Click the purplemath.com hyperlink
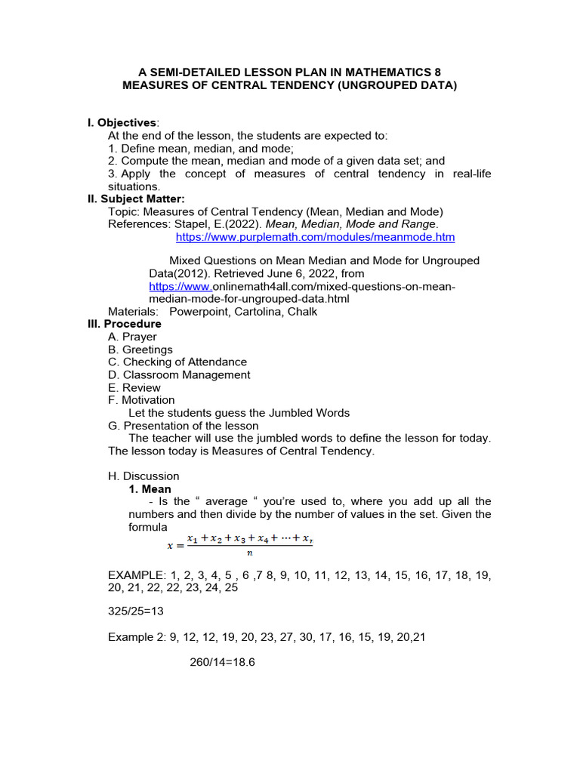[315, 237]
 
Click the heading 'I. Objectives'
[124, 122]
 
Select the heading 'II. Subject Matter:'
[136, 199]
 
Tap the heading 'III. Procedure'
[125, 324]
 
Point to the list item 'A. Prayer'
[133, 337]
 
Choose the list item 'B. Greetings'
[140, 350]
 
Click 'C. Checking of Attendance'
[177, 362]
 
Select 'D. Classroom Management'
[179, 374]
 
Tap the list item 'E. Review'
[134, 387]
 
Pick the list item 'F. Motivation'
[141, 400]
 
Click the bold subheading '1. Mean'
[150, 489]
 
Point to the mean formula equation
[240, 544]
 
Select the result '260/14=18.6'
[223, 662]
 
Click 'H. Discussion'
[143, 476]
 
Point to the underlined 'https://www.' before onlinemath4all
[180, 286]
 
